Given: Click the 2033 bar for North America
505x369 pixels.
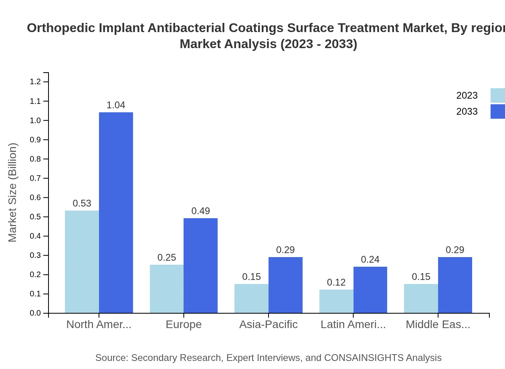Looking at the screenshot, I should coord(116,213).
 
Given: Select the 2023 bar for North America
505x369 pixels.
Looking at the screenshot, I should coord(82,262).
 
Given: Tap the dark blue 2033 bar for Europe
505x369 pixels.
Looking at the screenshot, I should coord(200,266).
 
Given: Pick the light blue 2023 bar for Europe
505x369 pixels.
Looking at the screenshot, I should coord(167,289).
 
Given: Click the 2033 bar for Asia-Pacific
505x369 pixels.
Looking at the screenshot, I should coord(285,285).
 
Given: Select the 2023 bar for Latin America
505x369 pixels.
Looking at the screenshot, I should coord(336,301).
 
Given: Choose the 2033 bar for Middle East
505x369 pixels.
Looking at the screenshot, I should coord(455,285).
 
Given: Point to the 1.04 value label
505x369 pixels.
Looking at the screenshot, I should coord(116,105).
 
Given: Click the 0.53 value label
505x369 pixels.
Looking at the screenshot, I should coord(82,203).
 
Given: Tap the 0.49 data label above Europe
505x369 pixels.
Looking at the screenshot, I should coord(200,211).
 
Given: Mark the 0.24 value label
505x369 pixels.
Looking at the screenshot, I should coord(370,260).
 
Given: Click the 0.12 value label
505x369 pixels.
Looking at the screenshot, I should coord(336,282).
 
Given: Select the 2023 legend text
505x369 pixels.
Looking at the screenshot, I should coord(467,95).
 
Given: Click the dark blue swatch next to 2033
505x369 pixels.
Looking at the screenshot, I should coord(497,112).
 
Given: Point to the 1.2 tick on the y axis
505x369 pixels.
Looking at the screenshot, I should coord(35,82).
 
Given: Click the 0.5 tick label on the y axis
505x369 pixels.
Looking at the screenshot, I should coord(35,217).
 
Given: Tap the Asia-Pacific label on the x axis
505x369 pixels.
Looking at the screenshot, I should coord(269,324).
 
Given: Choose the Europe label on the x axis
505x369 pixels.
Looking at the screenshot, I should coord(184,324).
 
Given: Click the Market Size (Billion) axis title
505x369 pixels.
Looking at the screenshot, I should coord(12,193).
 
